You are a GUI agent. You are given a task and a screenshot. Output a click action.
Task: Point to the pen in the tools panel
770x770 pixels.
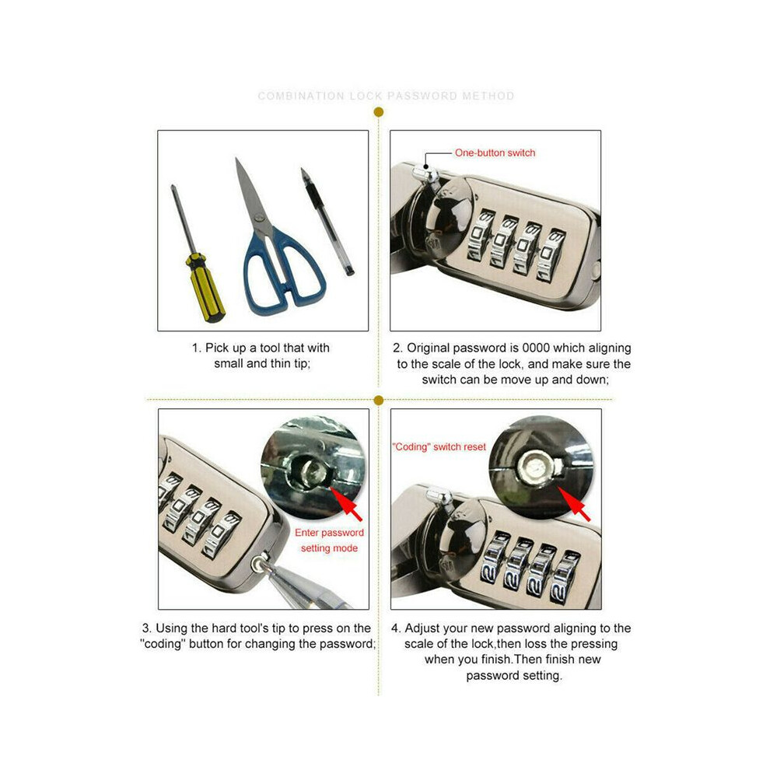pos(327,222)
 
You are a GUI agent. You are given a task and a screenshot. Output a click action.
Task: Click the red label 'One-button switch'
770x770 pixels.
pos(495,152)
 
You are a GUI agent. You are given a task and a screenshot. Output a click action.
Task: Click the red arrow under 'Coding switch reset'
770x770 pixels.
pos(575,504)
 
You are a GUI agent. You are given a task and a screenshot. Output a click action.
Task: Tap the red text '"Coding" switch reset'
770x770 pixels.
pos(439,447)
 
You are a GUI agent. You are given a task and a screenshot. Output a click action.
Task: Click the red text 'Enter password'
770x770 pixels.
pos(329,532)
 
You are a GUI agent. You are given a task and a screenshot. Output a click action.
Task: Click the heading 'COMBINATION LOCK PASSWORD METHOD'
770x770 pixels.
pos(386,96)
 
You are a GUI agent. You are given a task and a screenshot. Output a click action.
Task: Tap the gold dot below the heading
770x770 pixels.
pos(378,113)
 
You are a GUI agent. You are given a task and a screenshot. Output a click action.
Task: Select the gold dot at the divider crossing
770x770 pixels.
pos(378,401)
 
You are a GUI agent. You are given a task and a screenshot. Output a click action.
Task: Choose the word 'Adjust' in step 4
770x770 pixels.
pos(421,628)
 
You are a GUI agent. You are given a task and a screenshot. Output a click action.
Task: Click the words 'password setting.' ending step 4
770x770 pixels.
pos(513,676)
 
